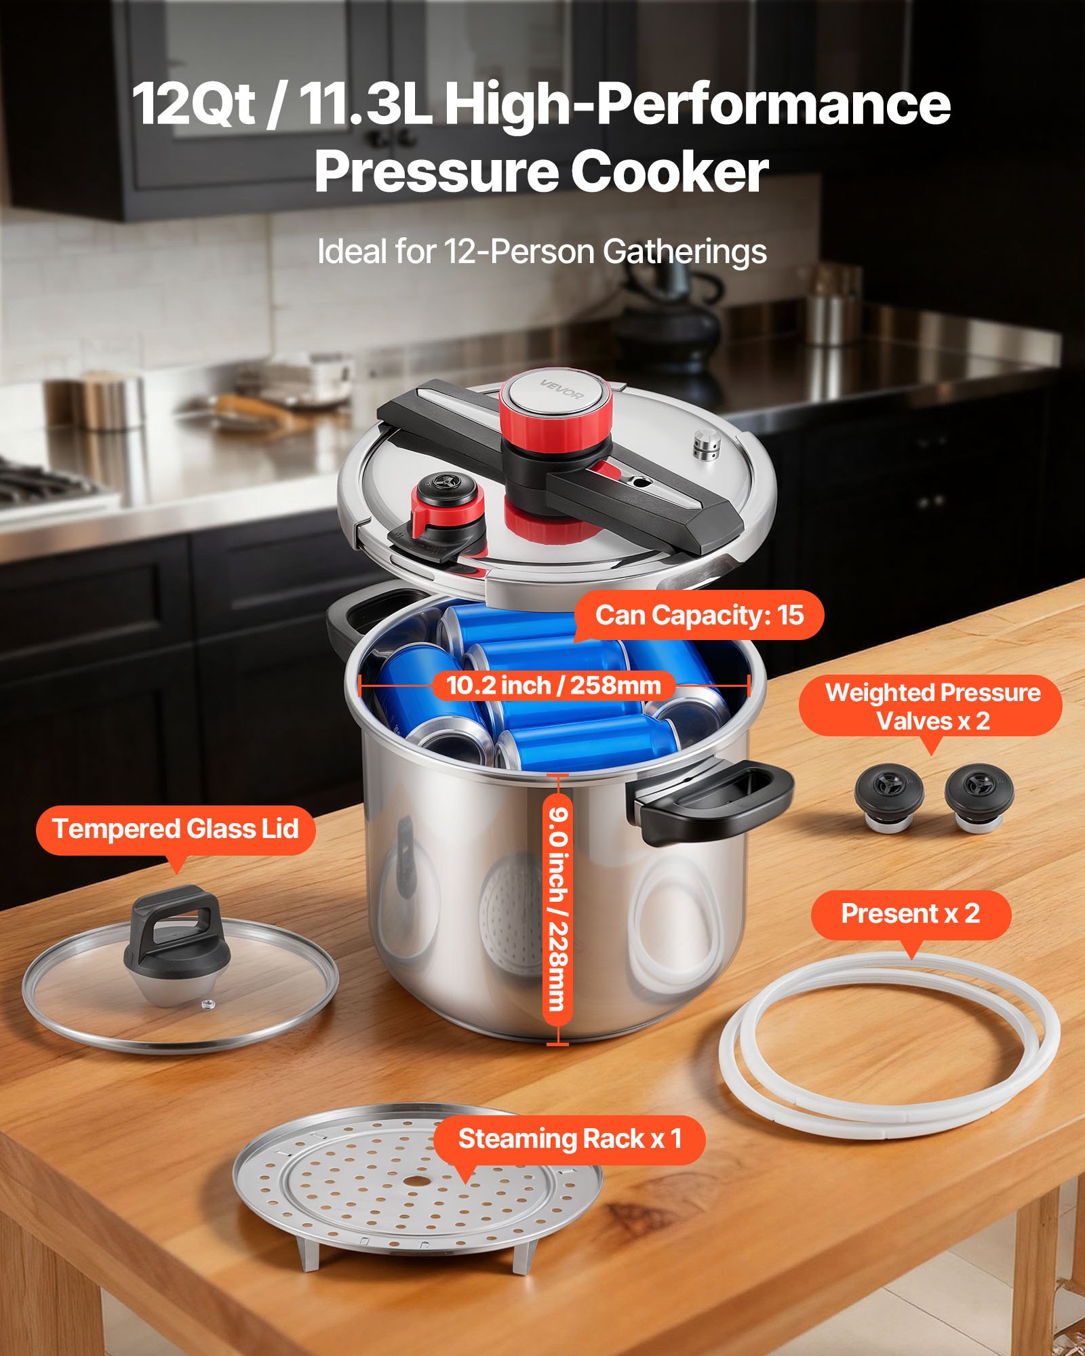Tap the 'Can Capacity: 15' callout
(699, 616)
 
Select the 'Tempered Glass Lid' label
(176, 829)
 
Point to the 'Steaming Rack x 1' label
(570, 1139)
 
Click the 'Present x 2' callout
(911, 914)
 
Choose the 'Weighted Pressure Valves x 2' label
(932, 706)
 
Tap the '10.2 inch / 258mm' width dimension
(553, 685)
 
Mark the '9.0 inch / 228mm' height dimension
(557, 909)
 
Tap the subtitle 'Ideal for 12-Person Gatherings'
(542, 252)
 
